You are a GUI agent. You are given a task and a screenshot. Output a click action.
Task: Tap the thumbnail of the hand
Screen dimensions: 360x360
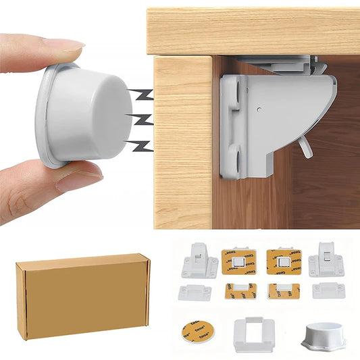tap(80, 177)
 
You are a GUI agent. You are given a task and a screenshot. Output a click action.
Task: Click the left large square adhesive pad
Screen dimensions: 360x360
tap(240, 261)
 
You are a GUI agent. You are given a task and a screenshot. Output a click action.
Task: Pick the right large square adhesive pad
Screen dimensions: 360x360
tap(284, 261)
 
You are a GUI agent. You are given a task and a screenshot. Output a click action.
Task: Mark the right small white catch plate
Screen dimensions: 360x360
tap(328, 291)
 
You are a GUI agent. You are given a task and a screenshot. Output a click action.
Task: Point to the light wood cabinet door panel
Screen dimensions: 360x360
tap(182, 142)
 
